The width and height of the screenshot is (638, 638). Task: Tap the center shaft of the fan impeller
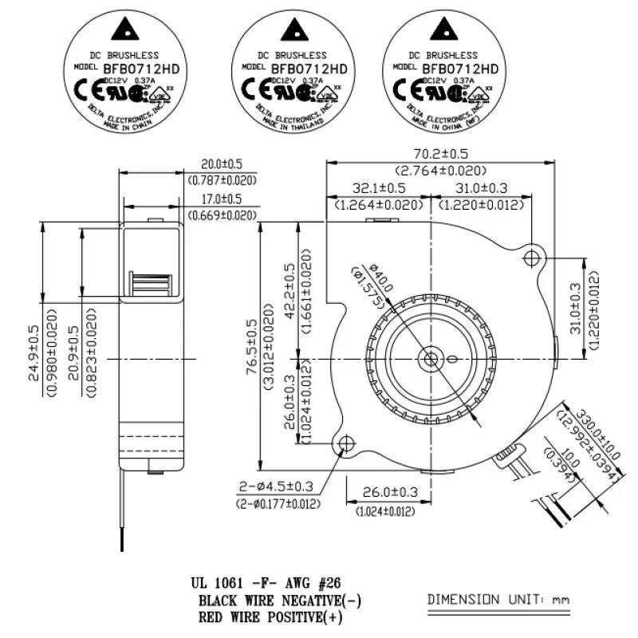point(431,357)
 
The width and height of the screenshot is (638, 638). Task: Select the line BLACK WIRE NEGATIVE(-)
point(284,601)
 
